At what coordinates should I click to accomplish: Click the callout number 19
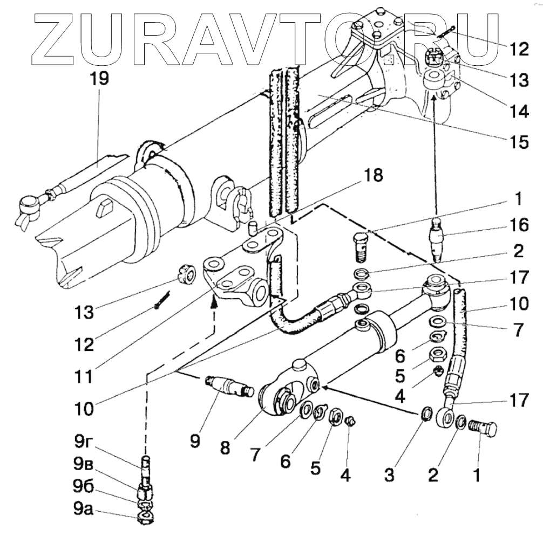point(99,79)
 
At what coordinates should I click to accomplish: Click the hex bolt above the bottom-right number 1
point(483,429)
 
